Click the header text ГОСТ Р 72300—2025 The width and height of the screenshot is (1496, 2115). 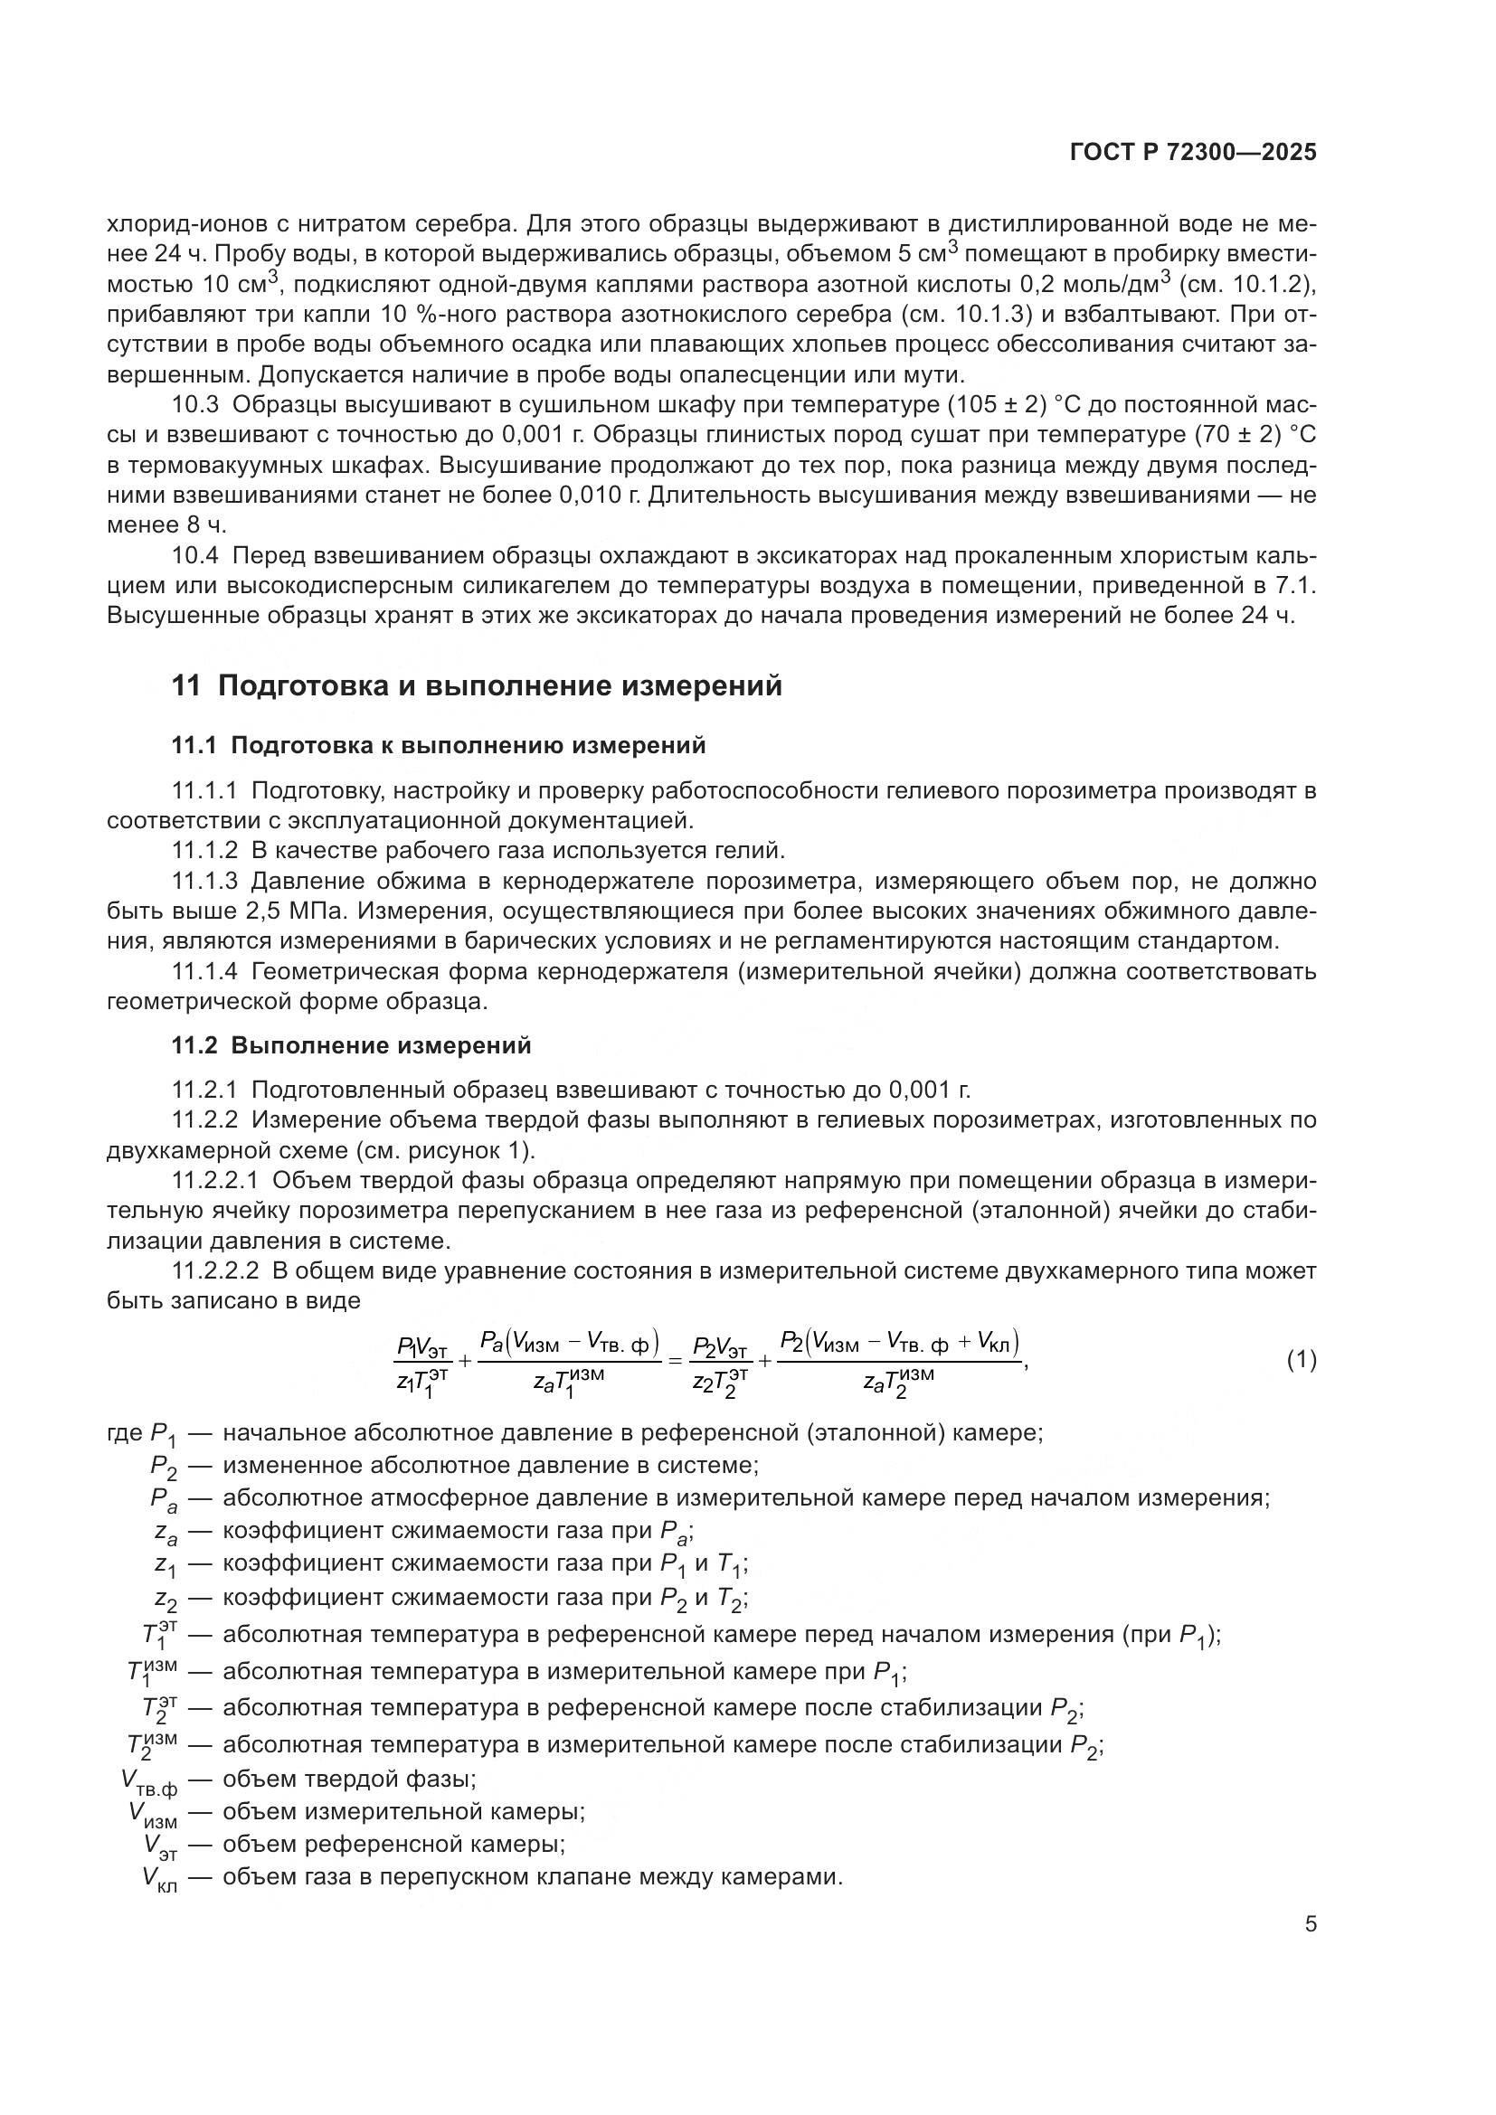tap(1193, 153)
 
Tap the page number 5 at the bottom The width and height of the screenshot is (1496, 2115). tap(1310, 1923)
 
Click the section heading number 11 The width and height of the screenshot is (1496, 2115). tap(185, 686)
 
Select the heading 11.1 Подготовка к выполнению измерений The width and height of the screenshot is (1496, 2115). tap(439, 745)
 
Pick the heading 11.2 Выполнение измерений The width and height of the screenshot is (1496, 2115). tap(351, 1045)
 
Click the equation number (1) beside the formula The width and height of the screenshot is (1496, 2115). tap(1301, 1360)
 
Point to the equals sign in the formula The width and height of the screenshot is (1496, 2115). tap(674, 1361)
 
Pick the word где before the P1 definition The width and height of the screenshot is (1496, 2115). tap(124, 1433)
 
